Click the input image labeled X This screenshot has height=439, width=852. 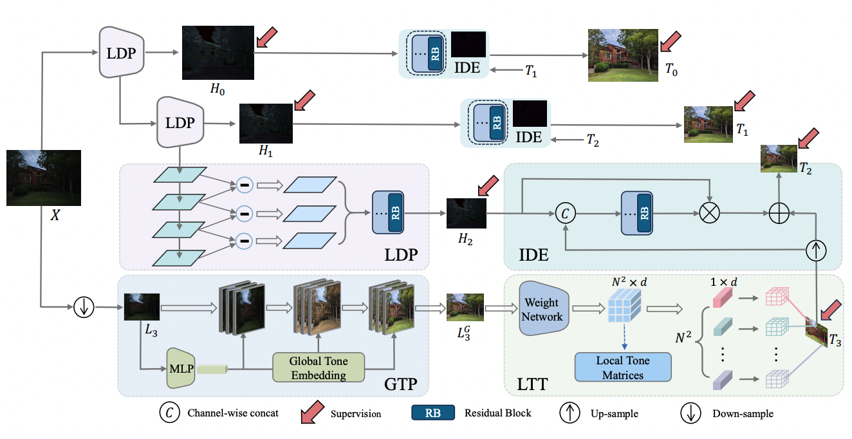point(44,178)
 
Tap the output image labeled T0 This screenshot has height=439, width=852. point(623,55)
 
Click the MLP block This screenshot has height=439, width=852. point(180,368)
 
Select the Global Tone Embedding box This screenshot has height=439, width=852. point(319,366)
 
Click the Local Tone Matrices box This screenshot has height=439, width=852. point(623,367)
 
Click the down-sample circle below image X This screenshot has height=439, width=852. point(84,308)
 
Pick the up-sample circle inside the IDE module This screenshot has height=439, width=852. point(815,250)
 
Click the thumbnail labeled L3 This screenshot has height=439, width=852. point(141,307)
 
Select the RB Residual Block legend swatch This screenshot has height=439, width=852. point(433,413)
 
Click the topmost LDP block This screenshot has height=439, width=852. point(121,53)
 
